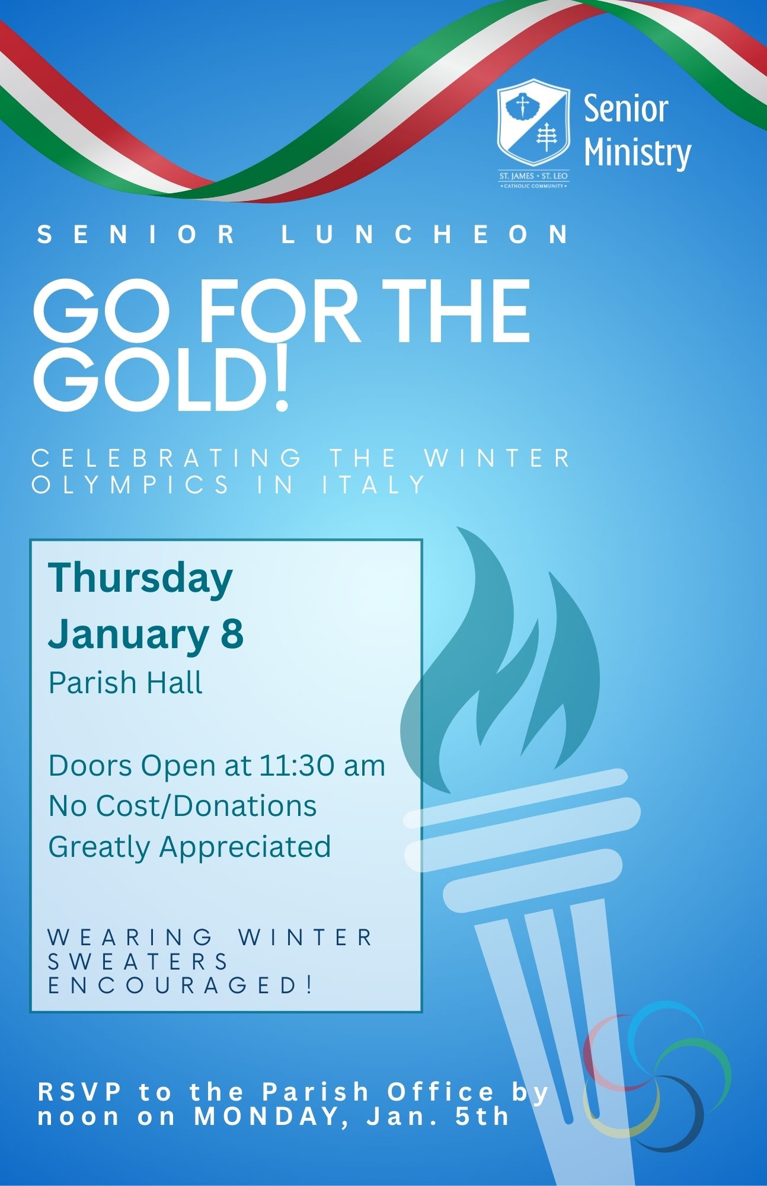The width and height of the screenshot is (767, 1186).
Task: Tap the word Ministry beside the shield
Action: tap(638, 153)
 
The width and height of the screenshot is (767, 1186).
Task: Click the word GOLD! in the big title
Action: tap(161, 380)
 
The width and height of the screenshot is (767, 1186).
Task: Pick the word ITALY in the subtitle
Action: tap(374, 485)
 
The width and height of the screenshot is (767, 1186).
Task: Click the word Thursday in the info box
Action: tap(140, 578)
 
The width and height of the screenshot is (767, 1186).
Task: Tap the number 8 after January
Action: tap(232, 634)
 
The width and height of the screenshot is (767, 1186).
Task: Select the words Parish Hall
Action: tap(126, 682)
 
